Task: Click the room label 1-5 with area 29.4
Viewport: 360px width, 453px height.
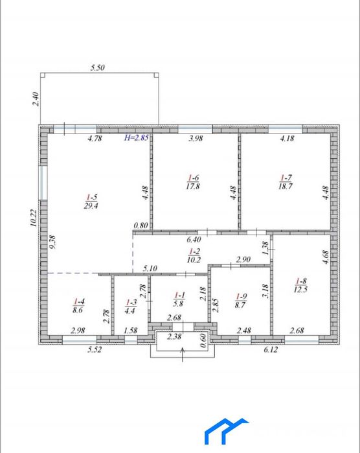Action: click(91, 202)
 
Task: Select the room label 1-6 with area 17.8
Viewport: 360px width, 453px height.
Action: click(193, 181)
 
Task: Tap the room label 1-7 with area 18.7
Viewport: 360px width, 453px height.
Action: click(286, 181)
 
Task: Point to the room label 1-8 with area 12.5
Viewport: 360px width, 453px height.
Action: click(300, 285)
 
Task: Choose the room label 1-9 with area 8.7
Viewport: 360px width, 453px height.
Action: click(240, 301)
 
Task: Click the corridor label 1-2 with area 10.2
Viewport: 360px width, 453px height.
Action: click(194, 255)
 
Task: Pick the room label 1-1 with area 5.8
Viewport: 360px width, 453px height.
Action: click(179, 299)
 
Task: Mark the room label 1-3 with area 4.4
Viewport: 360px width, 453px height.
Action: click(130, 307)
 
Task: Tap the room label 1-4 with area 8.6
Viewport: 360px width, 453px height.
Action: click(78, 306)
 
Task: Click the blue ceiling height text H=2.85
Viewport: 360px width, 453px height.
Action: click(136, 137)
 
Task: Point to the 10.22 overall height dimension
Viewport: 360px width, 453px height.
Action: click(34, 218)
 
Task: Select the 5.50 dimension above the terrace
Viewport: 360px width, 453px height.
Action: click(98, 67)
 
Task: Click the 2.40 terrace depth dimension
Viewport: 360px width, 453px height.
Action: click(36, 99)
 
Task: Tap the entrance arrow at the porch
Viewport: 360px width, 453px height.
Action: click(183, 354)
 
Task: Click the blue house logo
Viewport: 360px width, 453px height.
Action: click(227, 431)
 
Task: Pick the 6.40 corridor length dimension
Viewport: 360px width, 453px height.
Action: click(194, 239)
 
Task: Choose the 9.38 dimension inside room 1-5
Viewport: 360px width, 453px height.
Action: click(53, 242)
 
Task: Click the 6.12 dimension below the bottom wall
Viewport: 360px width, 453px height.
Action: click(271, 349)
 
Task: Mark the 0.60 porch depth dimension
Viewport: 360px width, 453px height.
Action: click(203, 340)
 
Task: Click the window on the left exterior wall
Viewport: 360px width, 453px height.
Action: click(43, 183)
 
